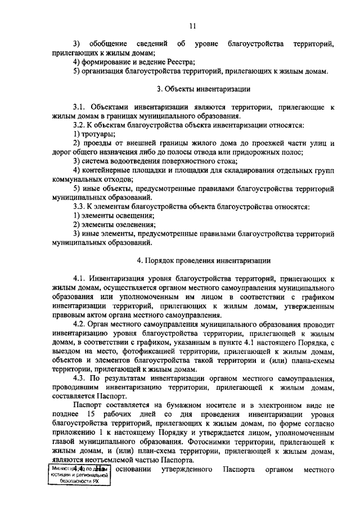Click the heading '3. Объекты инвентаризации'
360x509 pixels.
click(x=203, y=89)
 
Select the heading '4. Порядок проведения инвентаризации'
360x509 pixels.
click(x=204, y=260)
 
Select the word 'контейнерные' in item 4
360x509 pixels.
click(x=107, y=170)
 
